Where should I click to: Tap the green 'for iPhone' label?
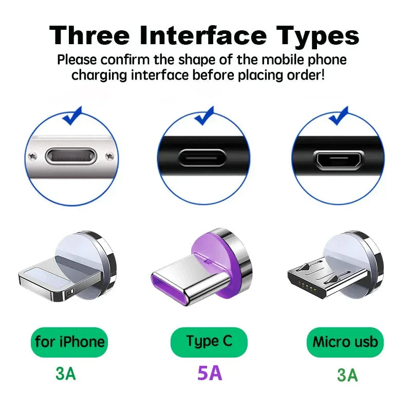70,342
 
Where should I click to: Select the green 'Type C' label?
209,341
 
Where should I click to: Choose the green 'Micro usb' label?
345,342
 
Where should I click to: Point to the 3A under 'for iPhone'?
66,373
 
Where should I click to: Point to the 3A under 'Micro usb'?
347,375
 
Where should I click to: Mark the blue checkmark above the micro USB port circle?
339,116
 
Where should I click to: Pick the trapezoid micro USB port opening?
338,159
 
